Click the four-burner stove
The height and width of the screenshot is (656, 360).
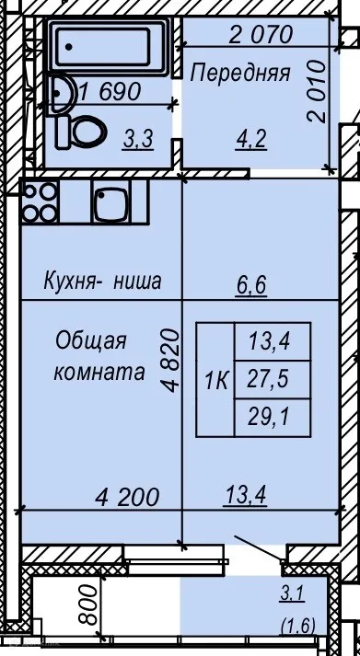click(40, 201)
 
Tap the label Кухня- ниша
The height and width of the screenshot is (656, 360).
click(101, 282)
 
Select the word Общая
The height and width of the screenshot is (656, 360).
click(90, 341)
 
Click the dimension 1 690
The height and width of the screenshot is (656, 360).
click(109, 92)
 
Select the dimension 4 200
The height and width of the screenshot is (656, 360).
click(128, 497)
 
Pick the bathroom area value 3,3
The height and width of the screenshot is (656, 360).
click(139, 140)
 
